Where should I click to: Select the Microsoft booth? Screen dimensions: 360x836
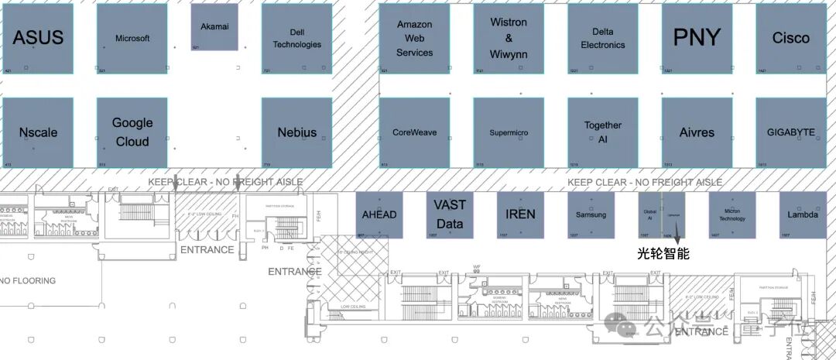click(132, 38)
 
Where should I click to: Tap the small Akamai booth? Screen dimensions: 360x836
click(214, 28)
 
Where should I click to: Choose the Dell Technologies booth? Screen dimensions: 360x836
click(296, 38)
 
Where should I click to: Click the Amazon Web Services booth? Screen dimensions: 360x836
click(414, 38)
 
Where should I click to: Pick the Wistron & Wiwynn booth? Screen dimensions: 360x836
click(509, 38)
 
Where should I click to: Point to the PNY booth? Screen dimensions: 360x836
click(696, 38)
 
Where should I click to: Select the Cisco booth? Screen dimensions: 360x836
click(790, 38)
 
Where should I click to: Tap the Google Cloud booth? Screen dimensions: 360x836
click(132, 132)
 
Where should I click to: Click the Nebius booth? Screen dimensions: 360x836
click(296, 132)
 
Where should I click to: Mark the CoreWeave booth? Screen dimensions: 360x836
click(414, 132)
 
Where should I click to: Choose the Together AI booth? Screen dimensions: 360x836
click(602, 132)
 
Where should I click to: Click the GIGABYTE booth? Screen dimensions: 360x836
click(790, 132)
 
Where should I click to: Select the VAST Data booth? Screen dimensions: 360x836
click(450, 214)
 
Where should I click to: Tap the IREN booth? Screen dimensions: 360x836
click(520, 214)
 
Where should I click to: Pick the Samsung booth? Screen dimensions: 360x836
click(591, 214)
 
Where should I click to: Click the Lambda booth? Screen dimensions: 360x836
click(802, 214)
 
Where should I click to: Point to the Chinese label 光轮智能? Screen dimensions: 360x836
click(663, 252)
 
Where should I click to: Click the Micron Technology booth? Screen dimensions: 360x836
click(731, 214)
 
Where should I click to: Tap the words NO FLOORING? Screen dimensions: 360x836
click(29, 280)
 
